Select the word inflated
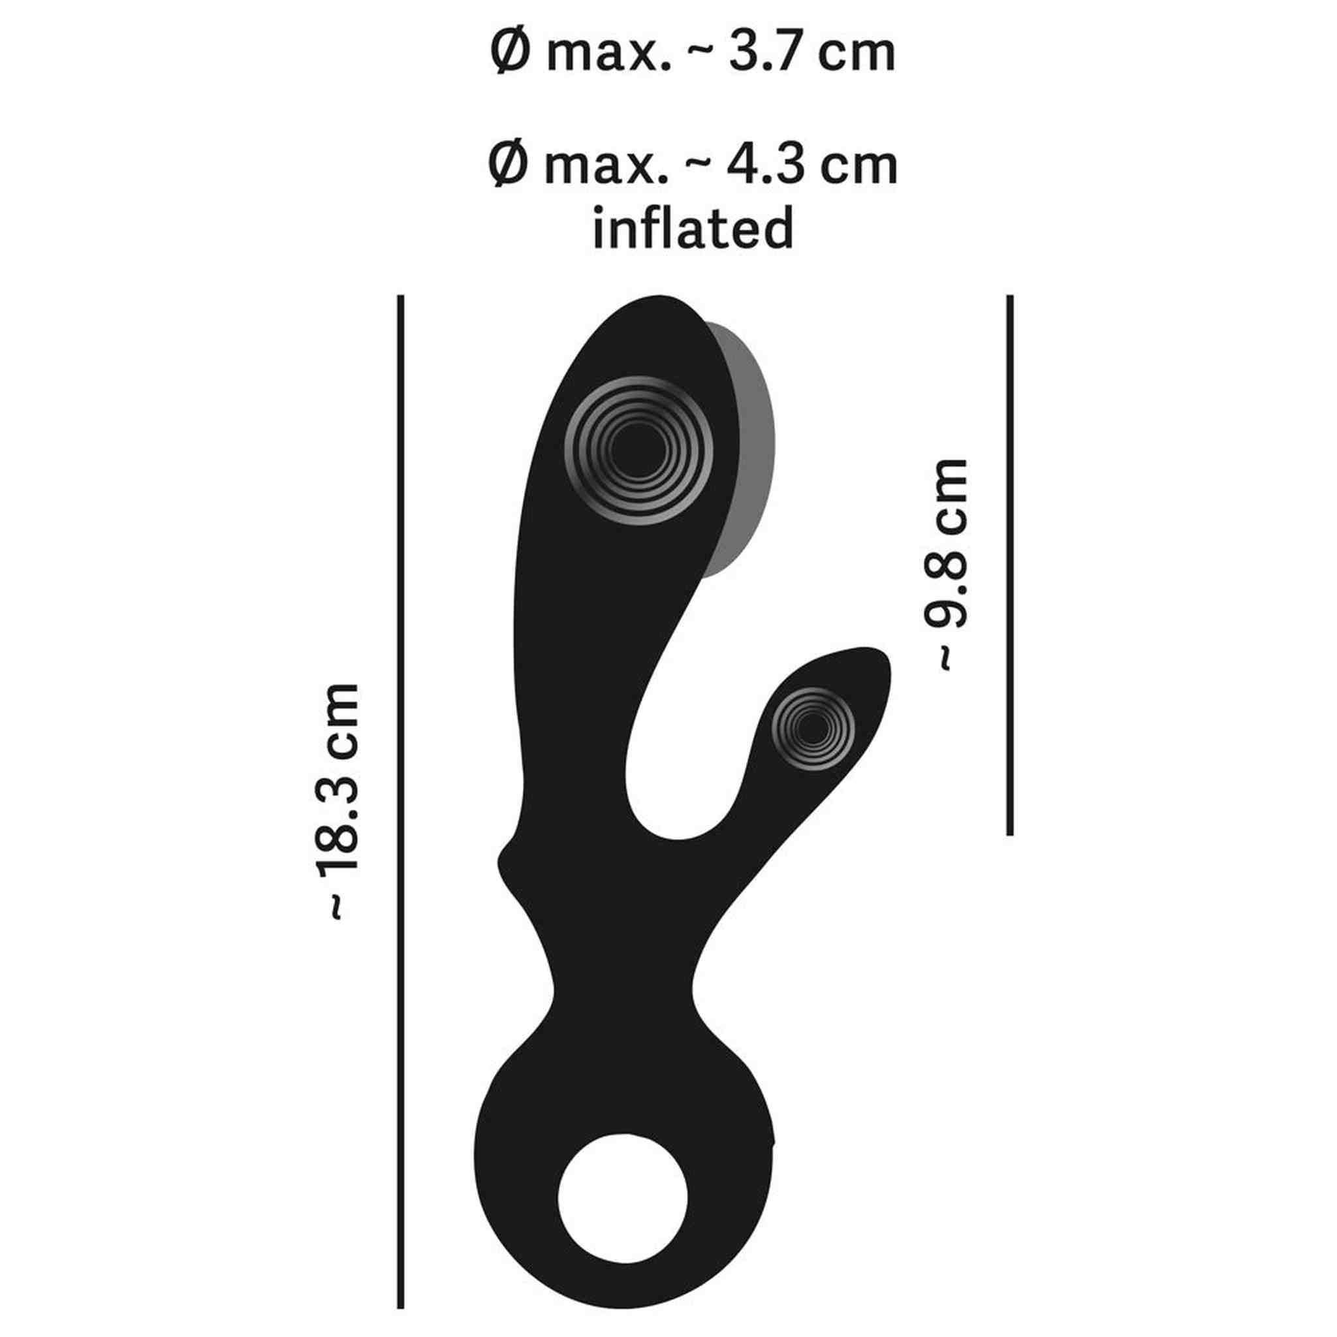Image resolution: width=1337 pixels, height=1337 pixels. tap(693, 228)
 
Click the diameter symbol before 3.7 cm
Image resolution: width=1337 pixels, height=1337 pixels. tap(509, 54)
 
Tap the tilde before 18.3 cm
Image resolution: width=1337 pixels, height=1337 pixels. tap(336, 908)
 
